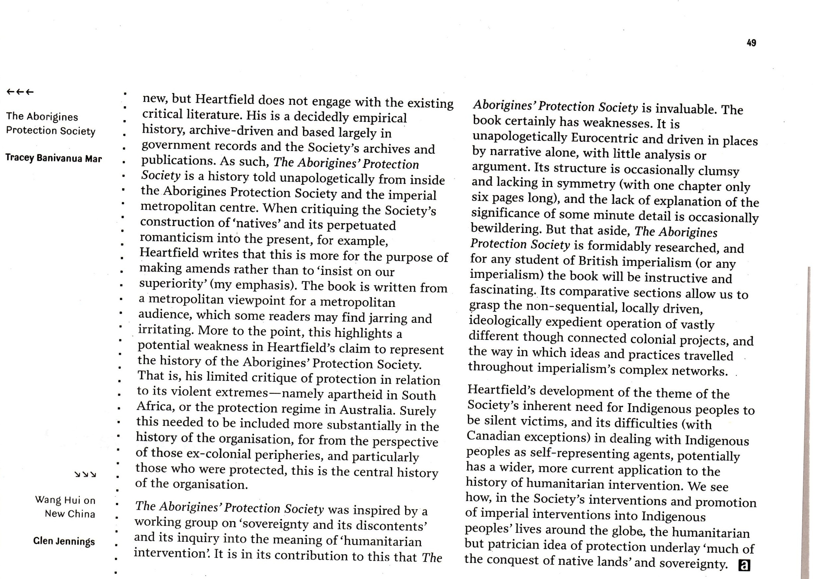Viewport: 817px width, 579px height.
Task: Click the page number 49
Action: click(751, 43)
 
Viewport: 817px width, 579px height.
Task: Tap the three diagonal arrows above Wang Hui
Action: click(85, 475)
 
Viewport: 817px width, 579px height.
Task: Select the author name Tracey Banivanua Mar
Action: click(54, 158)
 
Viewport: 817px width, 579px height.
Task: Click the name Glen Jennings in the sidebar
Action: click(64, 541)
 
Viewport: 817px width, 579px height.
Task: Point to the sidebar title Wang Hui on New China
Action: click(66, 507)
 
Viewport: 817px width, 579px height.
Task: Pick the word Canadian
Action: click(493, 436)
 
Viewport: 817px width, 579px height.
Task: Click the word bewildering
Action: click(506, 228)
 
